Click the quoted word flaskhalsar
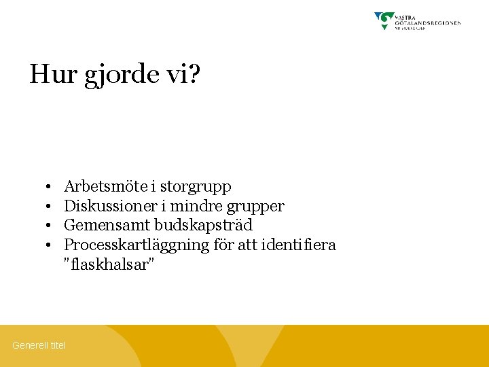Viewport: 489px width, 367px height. tap(109, 264)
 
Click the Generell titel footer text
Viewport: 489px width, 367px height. tap(39, 345)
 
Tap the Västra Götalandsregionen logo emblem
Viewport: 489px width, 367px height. tap(385, 20)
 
